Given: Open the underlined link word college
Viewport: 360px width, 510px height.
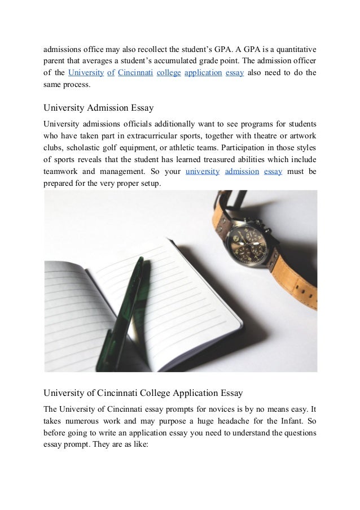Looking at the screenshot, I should pyautogui.click(x=169, y=73).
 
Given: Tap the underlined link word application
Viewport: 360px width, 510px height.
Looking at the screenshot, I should pyautogui.click(x=203, y=73).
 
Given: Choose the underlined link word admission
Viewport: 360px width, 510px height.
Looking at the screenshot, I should pyautogui.click(x=242, y=171).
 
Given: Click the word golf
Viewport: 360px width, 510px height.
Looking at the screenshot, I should pyautogui.click(x=120, y=147).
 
